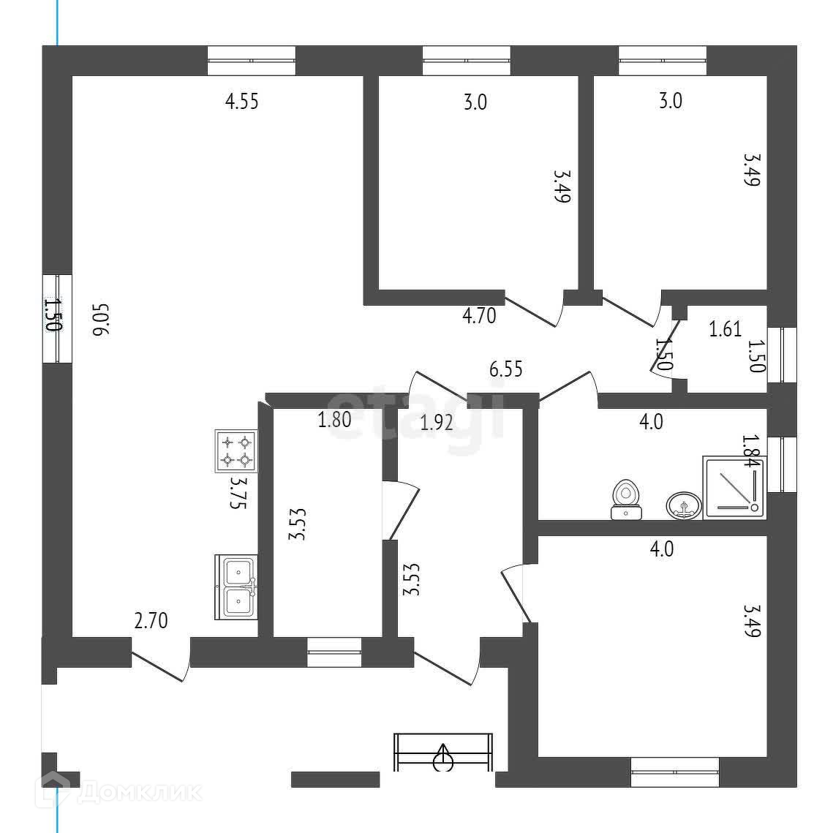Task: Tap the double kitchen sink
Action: point(236,587)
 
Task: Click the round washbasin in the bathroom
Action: point(684,505)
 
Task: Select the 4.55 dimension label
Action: point(241,101)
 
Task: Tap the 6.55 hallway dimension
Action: point(505,369)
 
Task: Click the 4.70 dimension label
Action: point(479,316)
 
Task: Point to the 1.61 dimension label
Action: point(725,329)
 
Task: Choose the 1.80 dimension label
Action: point(334,420)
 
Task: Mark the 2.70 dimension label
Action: point(151,622)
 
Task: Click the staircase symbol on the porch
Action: point(443,752)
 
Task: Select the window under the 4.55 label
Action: point(252,61)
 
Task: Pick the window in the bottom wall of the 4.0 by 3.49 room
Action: point(675,772)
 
